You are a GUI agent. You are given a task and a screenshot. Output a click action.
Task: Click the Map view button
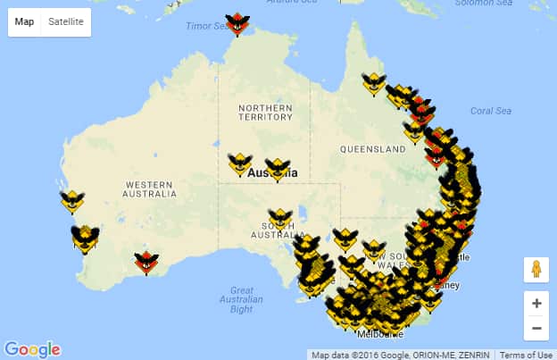24,21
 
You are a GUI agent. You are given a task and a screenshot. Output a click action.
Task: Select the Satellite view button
66,21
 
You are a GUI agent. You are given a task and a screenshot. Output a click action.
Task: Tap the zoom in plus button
536,303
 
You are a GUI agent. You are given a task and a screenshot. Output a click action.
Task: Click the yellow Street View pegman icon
536,269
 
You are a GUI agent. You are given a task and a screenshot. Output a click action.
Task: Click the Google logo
32,349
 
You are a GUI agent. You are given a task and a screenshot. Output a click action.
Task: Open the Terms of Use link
526,355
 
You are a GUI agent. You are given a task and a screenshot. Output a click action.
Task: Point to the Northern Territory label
265,112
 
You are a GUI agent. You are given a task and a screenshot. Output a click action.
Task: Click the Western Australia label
150,188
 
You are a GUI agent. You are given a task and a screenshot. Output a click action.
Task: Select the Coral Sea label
491,111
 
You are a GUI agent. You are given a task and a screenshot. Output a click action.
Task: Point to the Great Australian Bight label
241,299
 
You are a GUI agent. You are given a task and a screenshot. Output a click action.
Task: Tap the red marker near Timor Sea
237,23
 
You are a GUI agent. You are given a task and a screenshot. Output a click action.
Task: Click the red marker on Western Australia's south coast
146,262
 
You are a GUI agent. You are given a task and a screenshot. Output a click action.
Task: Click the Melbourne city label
380,334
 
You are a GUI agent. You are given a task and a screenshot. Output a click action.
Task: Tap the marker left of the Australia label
239,163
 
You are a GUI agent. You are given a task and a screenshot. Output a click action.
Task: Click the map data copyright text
402,355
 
